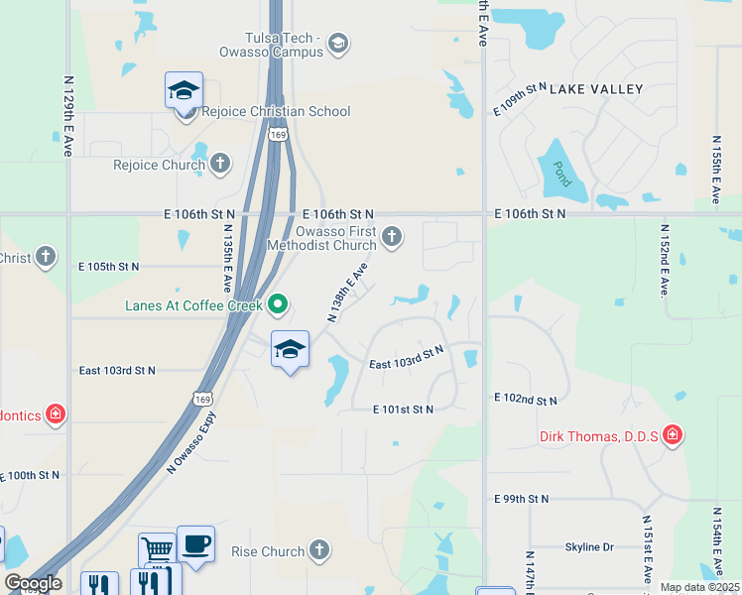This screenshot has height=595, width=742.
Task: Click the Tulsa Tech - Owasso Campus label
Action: click(x=270, y=45)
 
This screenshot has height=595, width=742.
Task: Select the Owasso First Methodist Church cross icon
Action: click(x=393, y=236)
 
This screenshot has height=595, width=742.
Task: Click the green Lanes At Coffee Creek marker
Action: click(x=279, y=303)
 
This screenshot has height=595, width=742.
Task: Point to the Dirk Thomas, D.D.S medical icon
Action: click(x=674, y=435)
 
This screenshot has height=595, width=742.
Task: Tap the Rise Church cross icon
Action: click(x=318, y=548)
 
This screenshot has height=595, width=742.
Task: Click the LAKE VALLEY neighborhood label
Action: click(x=596, y=89)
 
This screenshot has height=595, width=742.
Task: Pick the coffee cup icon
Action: click(x=195, y=544)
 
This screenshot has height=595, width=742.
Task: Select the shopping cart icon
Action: click(x=157, y=549)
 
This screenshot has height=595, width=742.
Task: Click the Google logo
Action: click(x=33, y=583)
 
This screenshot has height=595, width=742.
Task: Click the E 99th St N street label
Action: click(x=521, y=498)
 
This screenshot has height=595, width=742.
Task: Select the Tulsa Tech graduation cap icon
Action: click(x=337, y=42)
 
